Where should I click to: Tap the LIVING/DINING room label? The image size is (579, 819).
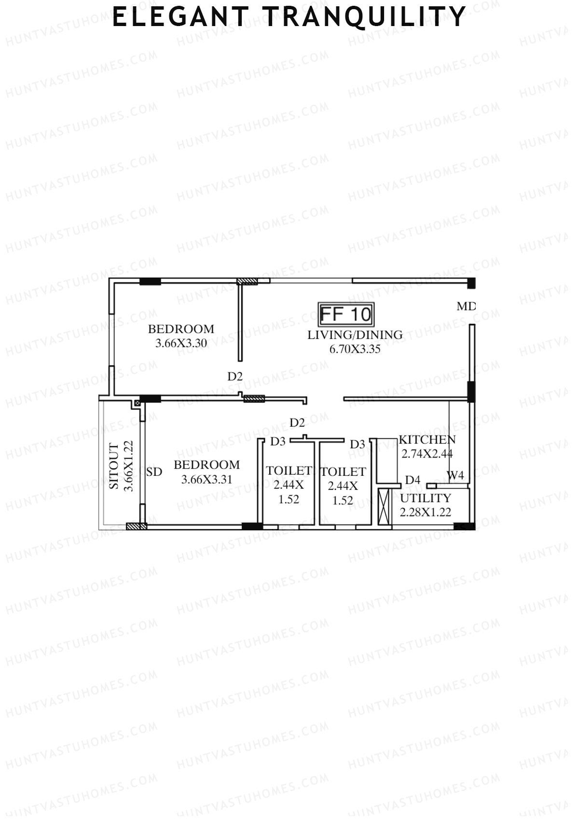tap(355, 334)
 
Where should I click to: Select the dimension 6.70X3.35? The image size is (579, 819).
tap(355, 349)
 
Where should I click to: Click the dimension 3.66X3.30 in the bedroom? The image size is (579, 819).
tap(181, 344)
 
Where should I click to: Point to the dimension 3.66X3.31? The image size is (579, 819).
tap(207, 479)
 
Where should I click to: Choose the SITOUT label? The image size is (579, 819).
tap(114, 466)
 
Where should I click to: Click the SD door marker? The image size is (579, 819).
tap(154, 472)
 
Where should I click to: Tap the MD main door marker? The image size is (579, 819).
tap(466, 306)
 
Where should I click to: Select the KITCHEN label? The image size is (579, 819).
tap(427, 440)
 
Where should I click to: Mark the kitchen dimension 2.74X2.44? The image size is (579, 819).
tap(427, 454)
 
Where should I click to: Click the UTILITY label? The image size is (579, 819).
tap(426, 498)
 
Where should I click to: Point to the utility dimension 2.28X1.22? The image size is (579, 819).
tap(426, 512)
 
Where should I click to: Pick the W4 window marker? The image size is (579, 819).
tap(455, 475)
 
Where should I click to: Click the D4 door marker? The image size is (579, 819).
tap(413, 480)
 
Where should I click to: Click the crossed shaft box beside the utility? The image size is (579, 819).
tap(384, 507)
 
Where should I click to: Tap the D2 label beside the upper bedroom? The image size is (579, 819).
tap(235, 376)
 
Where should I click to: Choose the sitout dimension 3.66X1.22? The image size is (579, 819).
tap(128, 466)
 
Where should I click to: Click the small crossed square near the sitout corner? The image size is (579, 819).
tap(137, 402)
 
